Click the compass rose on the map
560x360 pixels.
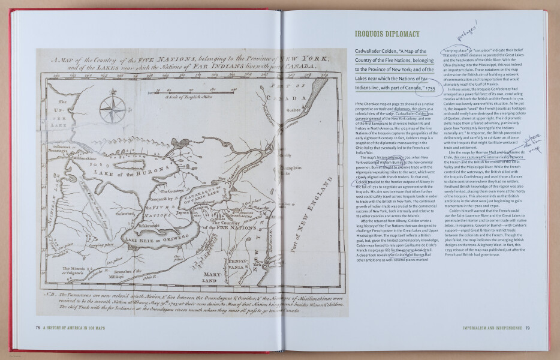click(x=110, y=107)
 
